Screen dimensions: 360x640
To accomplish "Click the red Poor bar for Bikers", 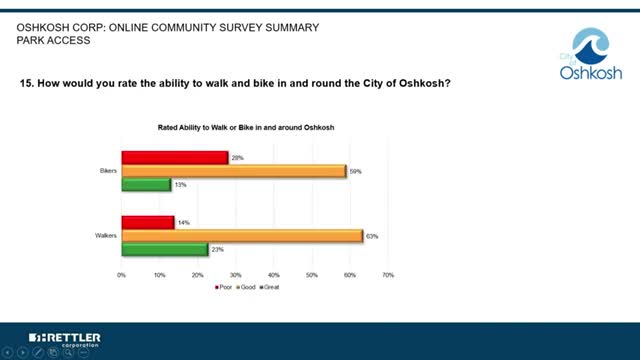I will coord(175,157).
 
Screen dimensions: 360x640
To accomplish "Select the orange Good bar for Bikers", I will coord(234,171).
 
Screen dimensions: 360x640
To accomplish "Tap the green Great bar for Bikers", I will coord(146,184).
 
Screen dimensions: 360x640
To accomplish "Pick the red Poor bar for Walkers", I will coord(148,222).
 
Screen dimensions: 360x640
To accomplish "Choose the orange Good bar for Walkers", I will coord(242,236).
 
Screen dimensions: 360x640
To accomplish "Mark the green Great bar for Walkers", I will coord(165,249).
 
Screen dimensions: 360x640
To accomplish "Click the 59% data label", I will coord(355,172).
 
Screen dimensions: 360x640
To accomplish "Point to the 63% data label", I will coord(371,237).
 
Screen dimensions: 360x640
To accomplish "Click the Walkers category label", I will coord(105,236).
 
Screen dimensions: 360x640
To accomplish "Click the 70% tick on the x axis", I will coord(388,274).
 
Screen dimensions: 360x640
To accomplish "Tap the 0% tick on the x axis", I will coord(122,274).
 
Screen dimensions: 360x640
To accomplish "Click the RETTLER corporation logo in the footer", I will coord(65,338).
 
